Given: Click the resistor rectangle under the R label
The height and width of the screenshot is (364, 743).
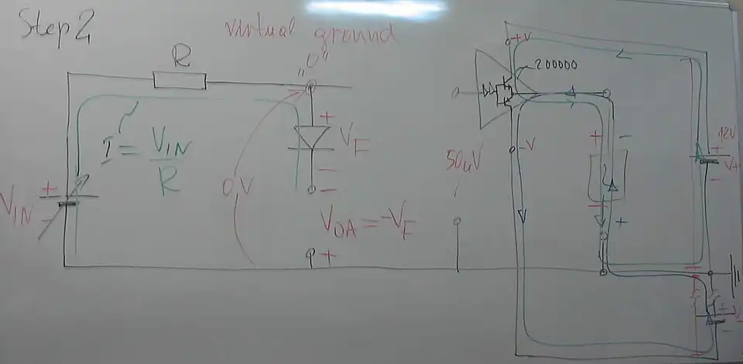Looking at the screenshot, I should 180,80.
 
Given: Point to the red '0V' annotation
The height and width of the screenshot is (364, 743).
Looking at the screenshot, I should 233,186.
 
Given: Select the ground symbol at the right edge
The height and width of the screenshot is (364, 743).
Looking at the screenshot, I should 735,276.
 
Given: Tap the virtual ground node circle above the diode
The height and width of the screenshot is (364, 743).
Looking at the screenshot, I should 311,88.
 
